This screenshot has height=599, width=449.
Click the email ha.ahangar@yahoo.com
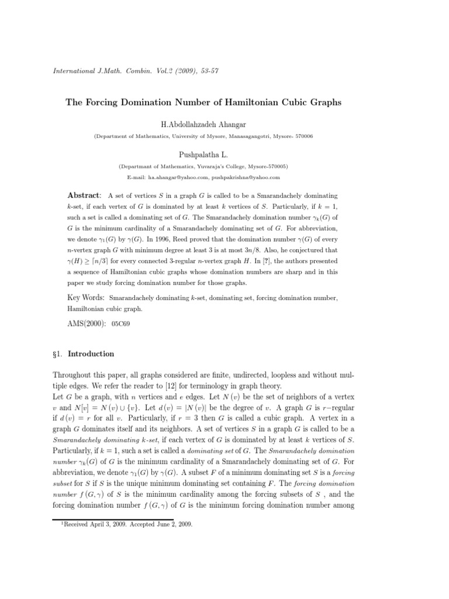178,177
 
